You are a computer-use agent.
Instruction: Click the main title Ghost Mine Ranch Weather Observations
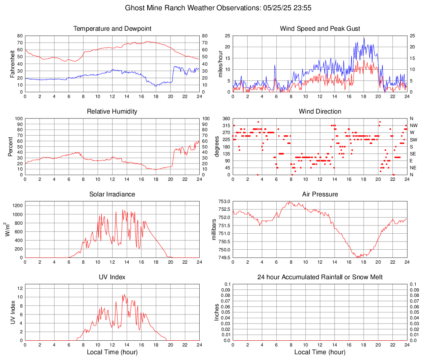(210, 8)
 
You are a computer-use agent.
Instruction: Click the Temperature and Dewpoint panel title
(112, 29)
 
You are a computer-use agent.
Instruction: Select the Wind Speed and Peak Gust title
(320, 29)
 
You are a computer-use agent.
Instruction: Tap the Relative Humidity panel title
(112, 112)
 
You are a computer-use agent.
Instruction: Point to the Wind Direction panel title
(320, 112)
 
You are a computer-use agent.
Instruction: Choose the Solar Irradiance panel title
(112, 194)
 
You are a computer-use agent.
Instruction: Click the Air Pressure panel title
(320, 194)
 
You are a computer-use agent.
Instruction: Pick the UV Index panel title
(112, 277)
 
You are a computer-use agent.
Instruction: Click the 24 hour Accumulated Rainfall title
(320, 277)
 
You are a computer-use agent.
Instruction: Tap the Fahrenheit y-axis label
(12, 64)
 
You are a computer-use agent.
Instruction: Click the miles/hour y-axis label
(220, 64)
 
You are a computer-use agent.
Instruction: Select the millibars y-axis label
(214, 230)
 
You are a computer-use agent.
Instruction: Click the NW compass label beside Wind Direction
(414, 125)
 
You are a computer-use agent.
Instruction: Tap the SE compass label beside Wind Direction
(413, 154)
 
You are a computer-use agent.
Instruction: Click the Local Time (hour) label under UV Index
(112, 352)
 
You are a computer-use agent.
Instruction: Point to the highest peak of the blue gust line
(364, 38)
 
